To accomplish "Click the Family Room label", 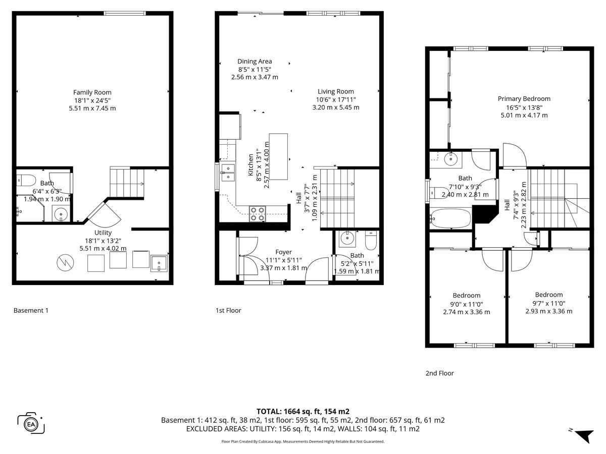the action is point(92,92).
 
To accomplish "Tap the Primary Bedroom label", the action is point(524,99).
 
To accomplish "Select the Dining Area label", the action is point(255,61).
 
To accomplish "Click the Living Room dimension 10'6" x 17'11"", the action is point(336,99).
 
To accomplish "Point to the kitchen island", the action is point(278,156).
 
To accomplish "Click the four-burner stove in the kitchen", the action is point(258,214).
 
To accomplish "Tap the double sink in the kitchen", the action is point(228,173).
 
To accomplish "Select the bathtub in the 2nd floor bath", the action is point(450,218).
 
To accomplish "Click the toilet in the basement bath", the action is point(26,180).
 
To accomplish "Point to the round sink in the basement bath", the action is point(61,213).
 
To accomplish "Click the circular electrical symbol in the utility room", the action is point(65,262).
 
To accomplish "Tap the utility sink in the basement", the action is point(159,263).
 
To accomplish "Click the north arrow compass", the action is point(583,438).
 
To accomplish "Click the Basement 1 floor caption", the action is point(31,310).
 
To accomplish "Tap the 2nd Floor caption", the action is point(439,373).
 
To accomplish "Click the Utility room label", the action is point(103,233).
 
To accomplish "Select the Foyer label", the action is point(283,252).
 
